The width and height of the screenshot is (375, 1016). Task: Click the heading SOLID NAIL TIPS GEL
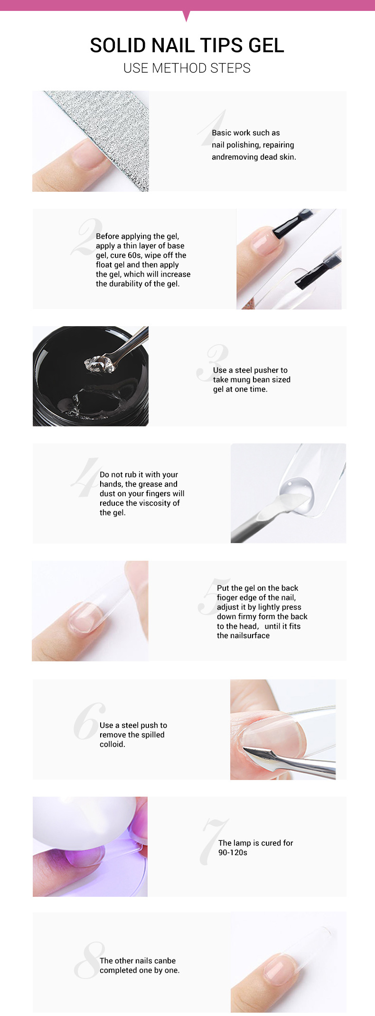coord(187,46)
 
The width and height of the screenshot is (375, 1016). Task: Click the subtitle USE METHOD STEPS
coord(187,68)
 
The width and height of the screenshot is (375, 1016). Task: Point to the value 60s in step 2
coord(134,255)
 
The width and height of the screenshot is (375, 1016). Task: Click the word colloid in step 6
coord(112,744)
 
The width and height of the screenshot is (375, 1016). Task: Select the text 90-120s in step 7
coord(233,853)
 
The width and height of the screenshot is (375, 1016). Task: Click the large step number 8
coord(90,960)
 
